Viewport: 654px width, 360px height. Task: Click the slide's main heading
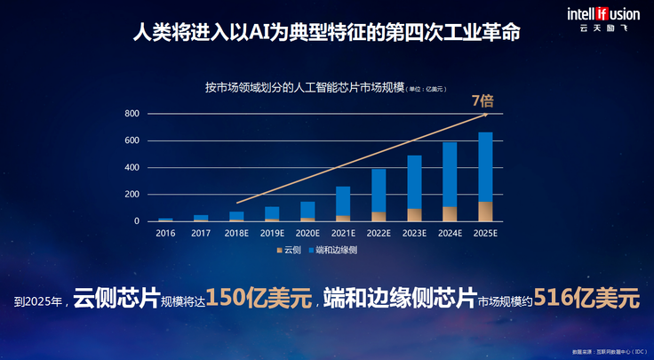326,33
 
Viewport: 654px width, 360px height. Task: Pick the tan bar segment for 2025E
485,212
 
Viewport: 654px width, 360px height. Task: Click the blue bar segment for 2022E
379,190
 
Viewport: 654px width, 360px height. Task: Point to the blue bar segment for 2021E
343,201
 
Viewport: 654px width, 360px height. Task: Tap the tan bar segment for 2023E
414,215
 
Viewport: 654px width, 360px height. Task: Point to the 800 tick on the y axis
132,114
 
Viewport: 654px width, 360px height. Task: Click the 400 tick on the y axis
132,167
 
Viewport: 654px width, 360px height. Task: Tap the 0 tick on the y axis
136,221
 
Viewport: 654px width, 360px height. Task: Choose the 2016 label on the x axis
165,234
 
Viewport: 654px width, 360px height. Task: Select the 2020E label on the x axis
307,234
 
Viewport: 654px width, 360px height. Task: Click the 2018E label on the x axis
236,234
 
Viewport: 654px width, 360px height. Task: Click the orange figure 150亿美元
258,299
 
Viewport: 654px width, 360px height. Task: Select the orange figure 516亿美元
592,299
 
